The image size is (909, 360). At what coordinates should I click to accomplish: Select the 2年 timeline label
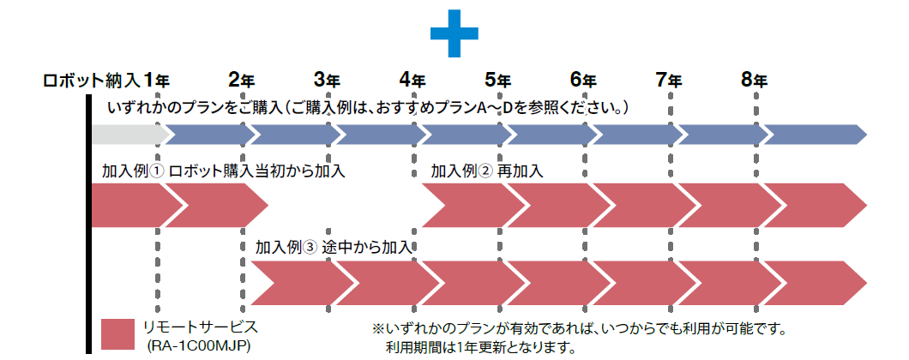point(241,80)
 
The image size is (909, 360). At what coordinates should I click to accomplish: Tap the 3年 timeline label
point(327,80)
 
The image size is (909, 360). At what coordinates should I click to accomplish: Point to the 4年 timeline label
point(412,80)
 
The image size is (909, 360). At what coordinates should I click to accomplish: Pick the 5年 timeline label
point(497,80)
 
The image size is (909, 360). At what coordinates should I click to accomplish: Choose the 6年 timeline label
point(583,80)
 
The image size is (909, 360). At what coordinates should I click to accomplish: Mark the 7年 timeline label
point(669,80)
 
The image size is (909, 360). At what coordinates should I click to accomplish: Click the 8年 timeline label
point(755,80)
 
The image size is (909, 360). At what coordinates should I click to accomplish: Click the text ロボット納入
point(91,81)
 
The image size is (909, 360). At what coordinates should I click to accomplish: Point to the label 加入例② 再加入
point(487,171)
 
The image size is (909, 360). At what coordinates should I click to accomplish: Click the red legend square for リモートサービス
point(117,334)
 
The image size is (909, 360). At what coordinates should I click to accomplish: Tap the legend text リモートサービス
point(200,327)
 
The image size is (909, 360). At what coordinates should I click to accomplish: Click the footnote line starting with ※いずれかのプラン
point(579,328)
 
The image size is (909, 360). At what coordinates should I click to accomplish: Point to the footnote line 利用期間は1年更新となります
point(480,347)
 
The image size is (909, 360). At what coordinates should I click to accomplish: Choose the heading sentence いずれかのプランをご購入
point(370,108)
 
